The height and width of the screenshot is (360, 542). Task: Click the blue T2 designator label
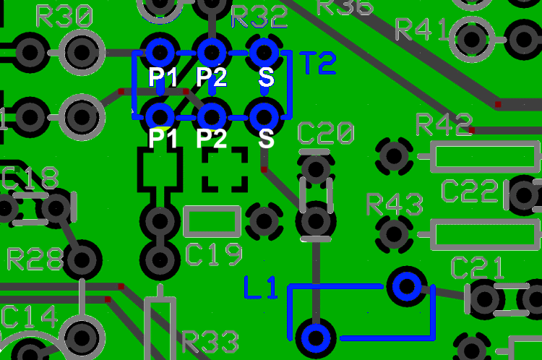point(318,64)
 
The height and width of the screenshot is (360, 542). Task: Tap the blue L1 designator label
point(261,288)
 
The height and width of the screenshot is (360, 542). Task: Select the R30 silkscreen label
point(64,17)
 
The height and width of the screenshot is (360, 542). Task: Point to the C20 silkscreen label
point(326,134)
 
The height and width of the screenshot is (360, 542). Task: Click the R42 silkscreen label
point(444,125)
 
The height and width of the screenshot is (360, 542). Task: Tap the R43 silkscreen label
point(394,205)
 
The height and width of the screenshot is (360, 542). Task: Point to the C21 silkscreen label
point(478,268)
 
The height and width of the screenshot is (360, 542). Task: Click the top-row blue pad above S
point(264,51)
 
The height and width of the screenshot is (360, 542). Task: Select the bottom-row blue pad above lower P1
point(160,115)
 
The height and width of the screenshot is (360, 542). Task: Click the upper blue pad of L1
point(407,286)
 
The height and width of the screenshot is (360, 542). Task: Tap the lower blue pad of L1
point(315,337)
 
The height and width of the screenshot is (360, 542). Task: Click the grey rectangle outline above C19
point(212,222)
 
